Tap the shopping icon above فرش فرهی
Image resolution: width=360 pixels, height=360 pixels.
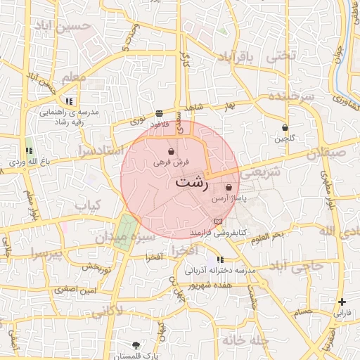point(172,151)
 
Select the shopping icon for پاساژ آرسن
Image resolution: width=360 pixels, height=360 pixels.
point(229,188)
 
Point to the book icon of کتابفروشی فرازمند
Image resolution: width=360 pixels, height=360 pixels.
point(217,221)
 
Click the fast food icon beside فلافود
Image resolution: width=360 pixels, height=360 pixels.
point(160,112)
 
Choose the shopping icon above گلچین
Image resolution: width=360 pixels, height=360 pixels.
point(284,128)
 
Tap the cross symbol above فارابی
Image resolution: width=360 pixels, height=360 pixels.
point(341,302)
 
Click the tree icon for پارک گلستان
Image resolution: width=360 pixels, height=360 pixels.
point(136,345)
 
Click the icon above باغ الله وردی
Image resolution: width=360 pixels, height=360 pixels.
point(30,150)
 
